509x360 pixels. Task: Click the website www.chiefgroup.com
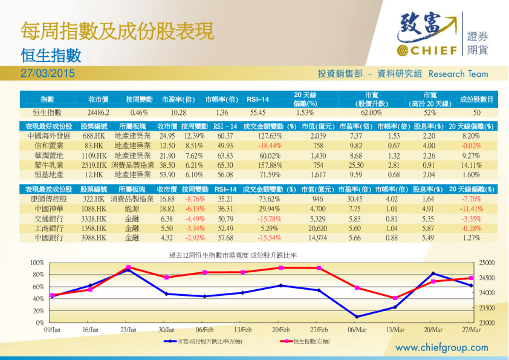pyautogui.click(x=441, y=347)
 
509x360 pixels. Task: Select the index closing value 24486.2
pyautogui.click(x=97, y=113)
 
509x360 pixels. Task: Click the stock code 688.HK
pyautogui.click(x=94, y=136)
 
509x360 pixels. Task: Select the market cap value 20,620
pyautogui.click(x=317, y=228)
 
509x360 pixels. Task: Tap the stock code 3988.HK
pyautogui.click(x=94, y=238)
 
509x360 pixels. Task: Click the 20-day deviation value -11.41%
pyautogui.click(x=470, y=209)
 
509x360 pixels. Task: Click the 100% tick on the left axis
pyautogui.click(x=37, y=263)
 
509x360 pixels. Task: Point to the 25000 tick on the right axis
pyautogui.click(x=487, y=263)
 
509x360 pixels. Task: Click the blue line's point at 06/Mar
pyautogui.click(x=357, y=316)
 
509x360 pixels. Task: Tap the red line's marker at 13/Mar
pyautogui.click(x=395, y=298)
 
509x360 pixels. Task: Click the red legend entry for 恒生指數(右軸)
pyautogui.click(x=308, y=341)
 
